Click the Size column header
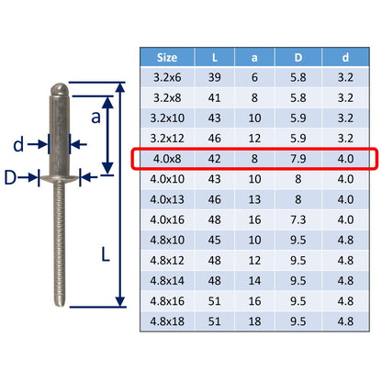(x=167, y=58)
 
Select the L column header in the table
(x=215, y=58)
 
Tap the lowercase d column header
(x=345, y=58)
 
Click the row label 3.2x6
(x=167, y=77)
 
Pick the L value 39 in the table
(x=214, y=77)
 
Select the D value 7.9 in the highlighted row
(x=298, y=159)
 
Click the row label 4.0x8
(x=167, y=159)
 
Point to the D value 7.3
(x=298, y=219)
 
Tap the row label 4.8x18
(x=167, y=321)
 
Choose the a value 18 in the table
(x=254, y=321)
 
